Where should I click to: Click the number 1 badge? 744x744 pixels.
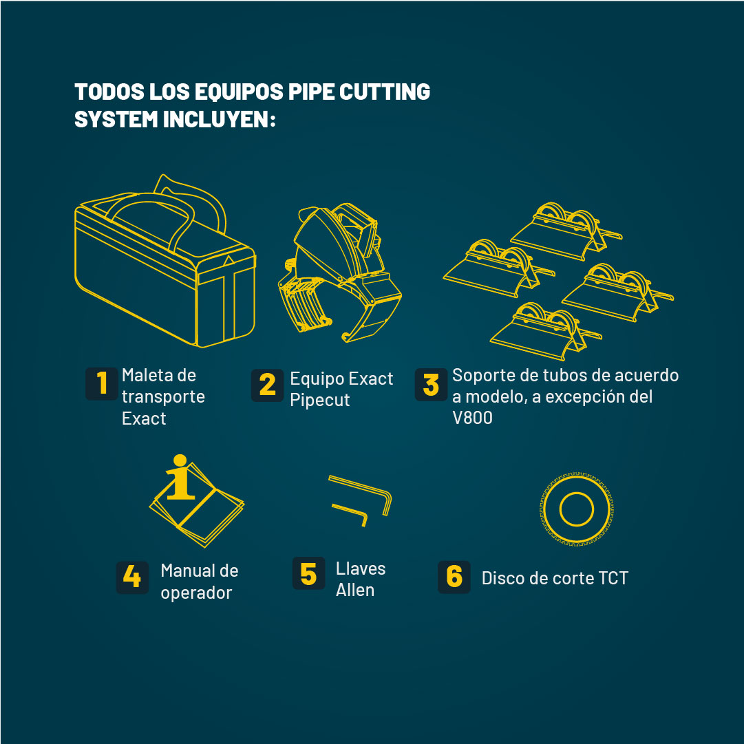click(x=102, y=383)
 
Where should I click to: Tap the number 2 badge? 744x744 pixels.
click(x=267, y=385)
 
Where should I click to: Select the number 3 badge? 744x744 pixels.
click(x=432, y=385)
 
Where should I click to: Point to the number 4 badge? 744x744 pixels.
click(x=132, y=577)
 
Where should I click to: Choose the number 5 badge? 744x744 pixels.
click(x=308, y=573)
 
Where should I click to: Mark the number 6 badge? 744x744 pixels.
click(x=454, y=577)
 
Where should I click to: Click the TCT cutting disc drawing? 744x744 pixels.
click(x=576, y=509)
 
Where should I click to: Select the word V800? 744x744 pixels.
click(x=472, y=418)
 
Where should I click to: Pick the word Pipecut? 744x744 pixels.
click(x=320, y=400)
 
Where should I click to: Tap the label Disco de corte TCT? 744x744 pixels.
click(x=555, y=578)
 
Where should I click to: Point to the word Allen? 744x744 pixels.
click(x=355, y=590)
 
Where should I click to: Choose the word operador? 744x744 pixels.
click(x=196, y=593)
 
